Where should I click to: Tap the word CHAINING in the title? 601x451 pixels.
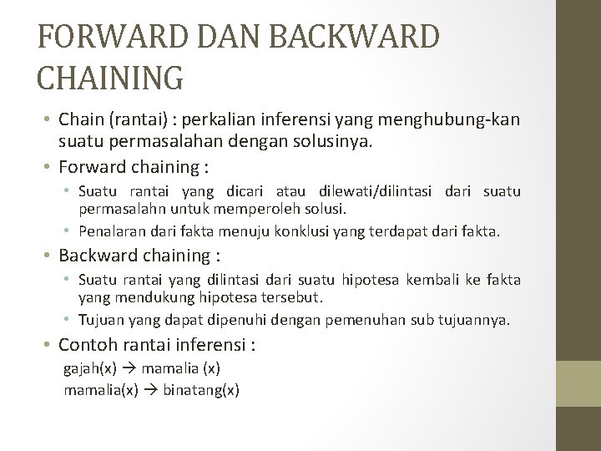(110, 77)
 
